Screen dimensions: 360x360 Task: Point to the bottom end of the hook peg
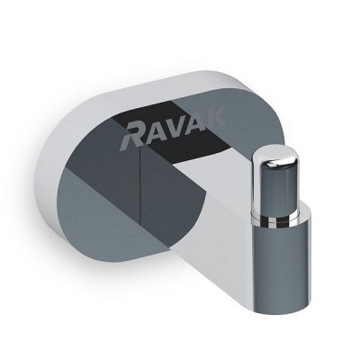(282, 301)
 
